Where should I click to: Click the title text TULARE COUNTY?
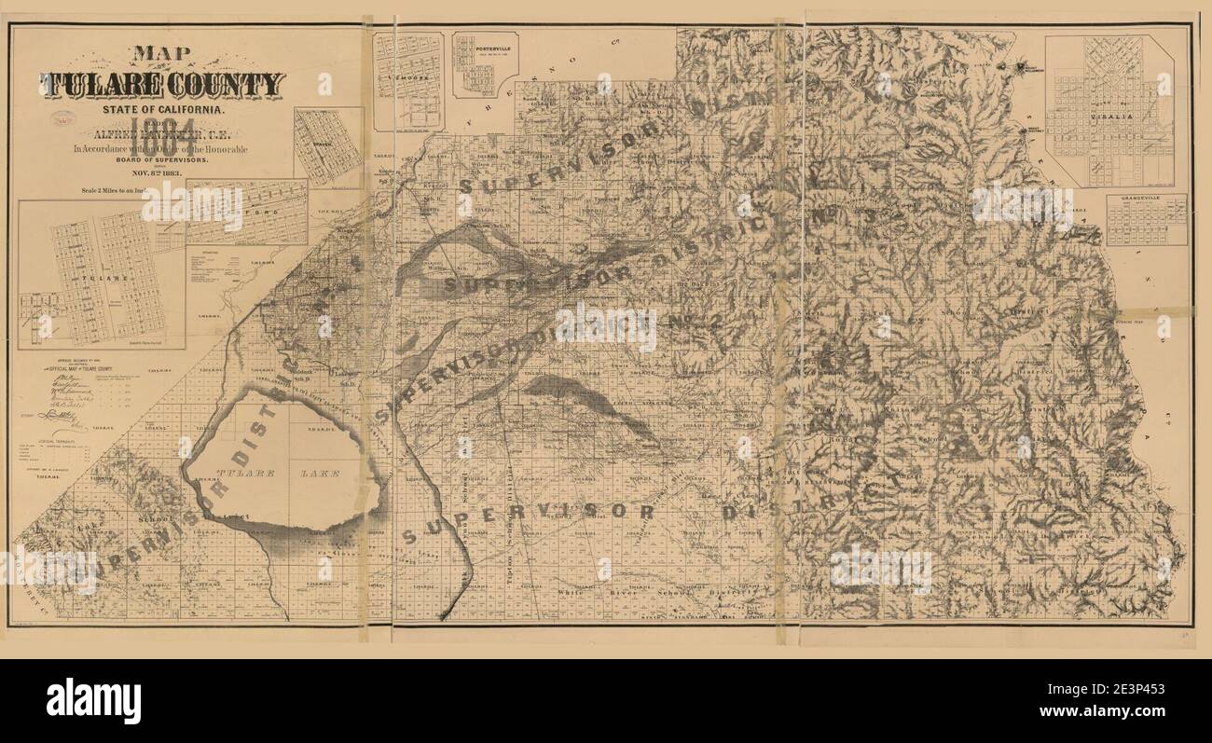tap(161, 85)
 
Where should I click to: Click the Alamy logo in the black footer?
tap(93, 701)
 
